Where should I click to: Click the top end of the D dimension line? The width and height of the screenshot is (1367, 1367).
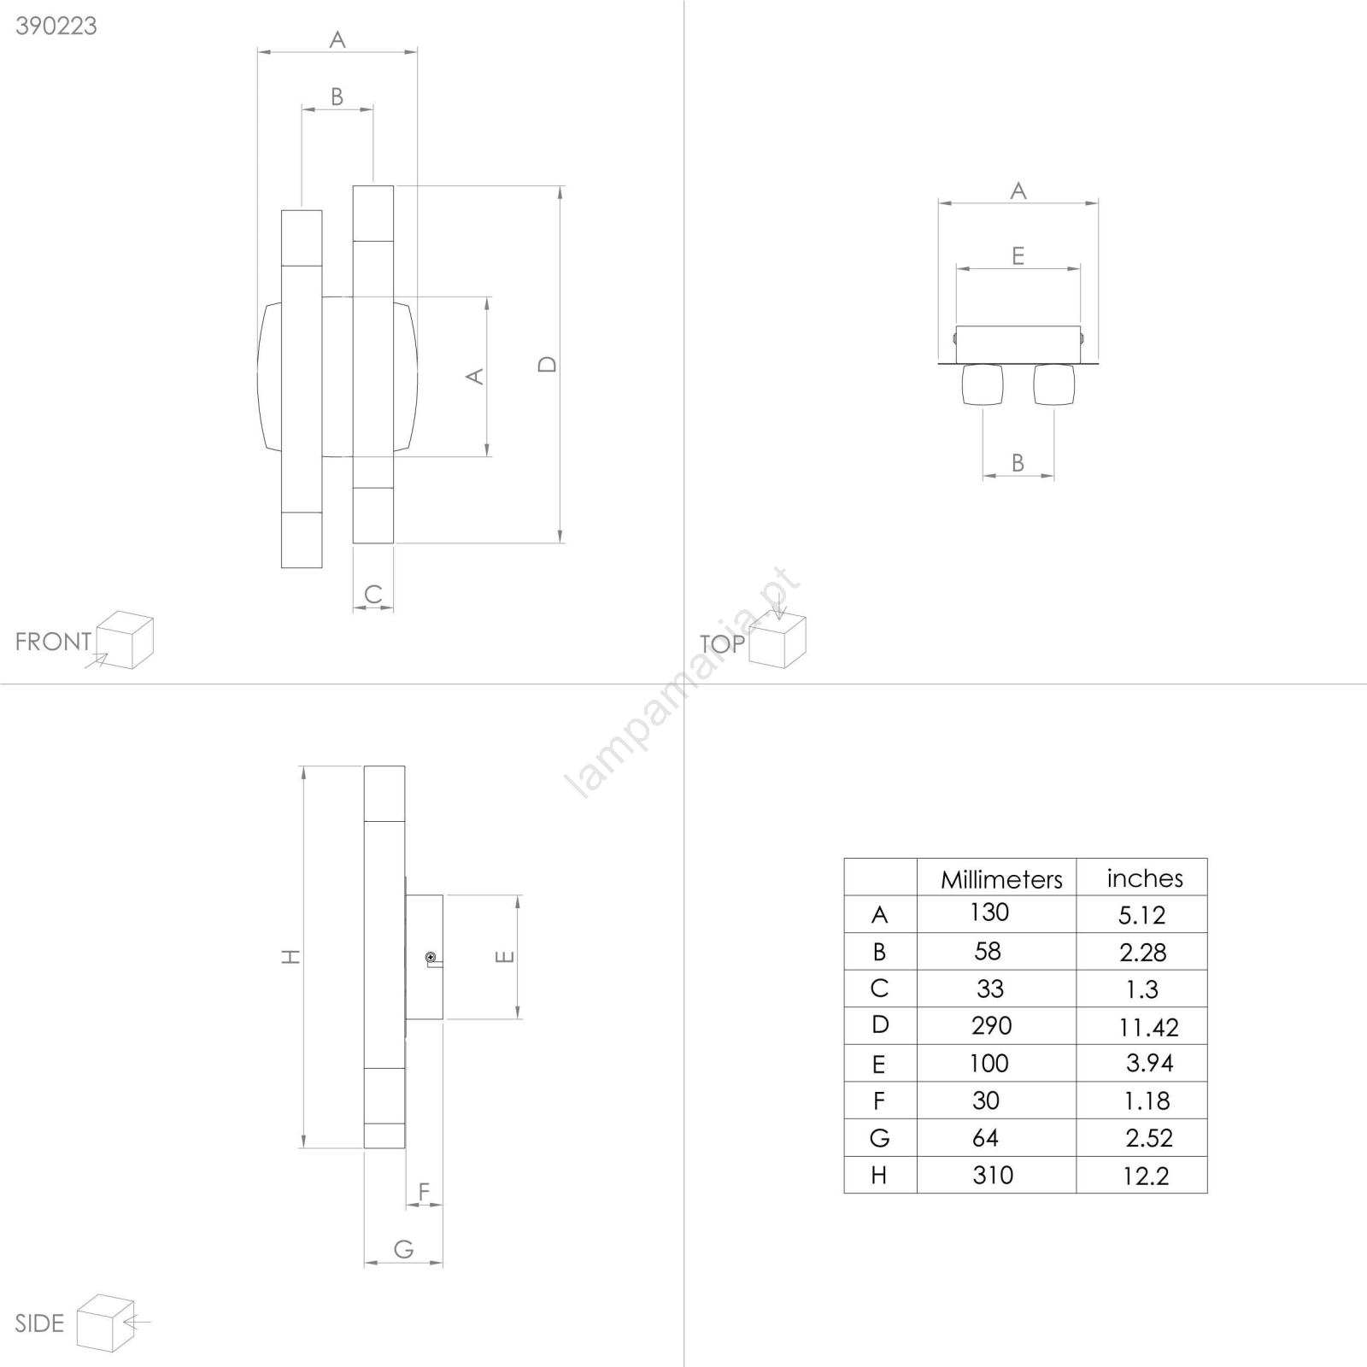[x=560, y=186]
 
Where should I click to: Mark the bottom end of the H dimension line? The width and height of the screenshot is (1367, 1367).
[x=303, y=1148]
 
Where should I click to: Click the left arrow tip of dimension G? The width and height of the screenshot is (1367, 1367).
[x=365, y=1263]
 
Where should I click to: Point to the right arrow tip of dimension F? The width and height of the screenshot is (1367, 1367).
[x=443, y=1205]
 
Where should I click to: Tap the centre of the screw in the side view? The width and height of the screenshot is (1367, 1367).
[x=431, y=958]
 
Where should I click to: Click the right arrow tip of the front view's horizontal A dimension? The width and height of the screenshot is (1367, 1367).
[x=417, y=52]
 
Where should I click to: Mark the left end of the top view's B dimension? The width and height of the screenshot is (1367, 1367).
[x=983, y=476]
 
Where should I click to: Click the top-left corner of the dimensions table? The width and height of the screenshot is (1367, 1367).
[x=844, y=859]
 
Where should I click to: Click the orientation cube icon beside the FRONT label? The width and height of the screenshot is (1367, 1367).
[x=125, y=640]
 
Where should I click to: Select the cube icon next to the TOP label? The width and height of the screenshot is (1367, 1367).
[x=777, y=641]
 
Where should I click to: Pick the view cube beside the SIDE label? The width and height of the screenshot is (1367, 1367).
[x=106, y=1323]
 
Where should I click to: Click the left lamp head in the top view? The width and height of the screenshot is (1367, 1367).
[x=983, y=384]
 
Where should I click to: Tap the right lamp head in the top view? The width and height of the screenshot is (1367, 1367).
[x=1054, y=384]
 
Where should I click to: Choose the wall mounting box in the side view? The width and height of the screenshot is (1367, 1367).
[x=425, y=957]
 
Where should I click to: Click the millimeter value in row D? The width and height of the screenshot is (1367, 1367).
[x=991, y=1025]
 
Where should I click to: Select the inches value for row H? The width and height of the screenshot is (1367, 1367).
[x=1146, y=1176]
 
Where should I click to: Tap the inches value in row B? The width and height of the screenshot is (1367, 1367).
[x=1143, y=952]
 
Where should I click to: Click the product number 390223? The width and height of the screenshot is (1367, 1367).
[x=56, y=26]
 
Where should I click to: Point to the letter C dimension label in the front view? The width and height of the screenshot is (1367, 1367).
[x=373, y=594]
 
